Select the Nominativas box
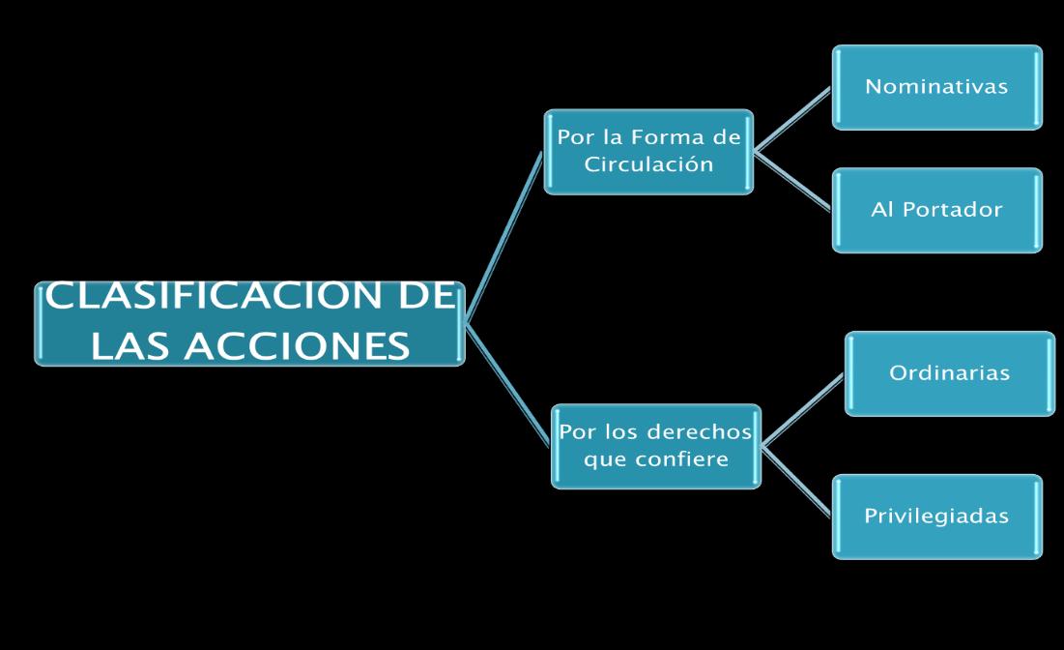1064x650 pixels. pyautogui.click(x=936, y=87)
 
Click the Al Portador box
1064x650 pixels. pyautogui.click(x=936, y=210)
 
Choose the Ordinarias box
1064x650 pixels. pyautogui.click(x=949, y=373)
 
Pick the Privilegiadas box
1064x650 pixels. pyautogui.click(x=936, y=516)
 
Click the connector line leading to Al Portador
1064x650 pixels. pyautogui.click(x=792, y=181)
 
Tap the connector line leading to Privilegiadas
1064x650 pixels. pyautogui.click(x=797, y=481)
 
